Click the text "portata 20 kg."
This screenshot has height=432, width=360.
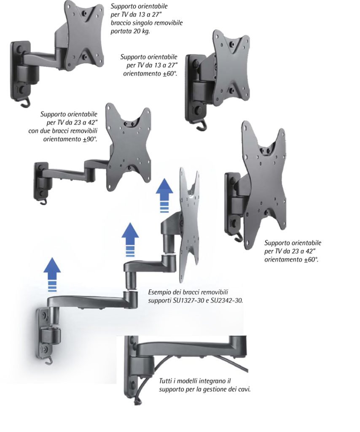click(130, 31)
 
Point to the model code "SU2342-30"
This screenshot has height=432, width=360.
click(227, 300)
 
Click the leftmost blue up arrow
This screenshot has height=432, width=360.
click(52, 274)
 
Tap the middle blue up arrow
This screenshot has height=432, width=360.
click(130, 240)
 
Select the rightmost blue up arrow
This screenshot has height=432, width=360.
click(164, 195)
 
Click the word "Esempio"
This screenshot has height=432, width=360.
click(159, 292)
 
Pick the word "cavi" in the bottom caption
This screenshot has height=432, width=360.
click(244, 389)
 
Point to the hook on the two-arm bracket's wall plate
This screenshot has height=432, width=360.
click(43, 202)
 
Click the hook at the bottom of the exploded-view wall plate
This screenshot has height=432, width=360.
click(49, 360)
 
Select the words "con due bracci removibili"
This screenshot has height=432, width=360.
click(63, 131)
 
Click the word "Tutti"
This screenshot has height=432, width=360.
click(166, 381)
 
